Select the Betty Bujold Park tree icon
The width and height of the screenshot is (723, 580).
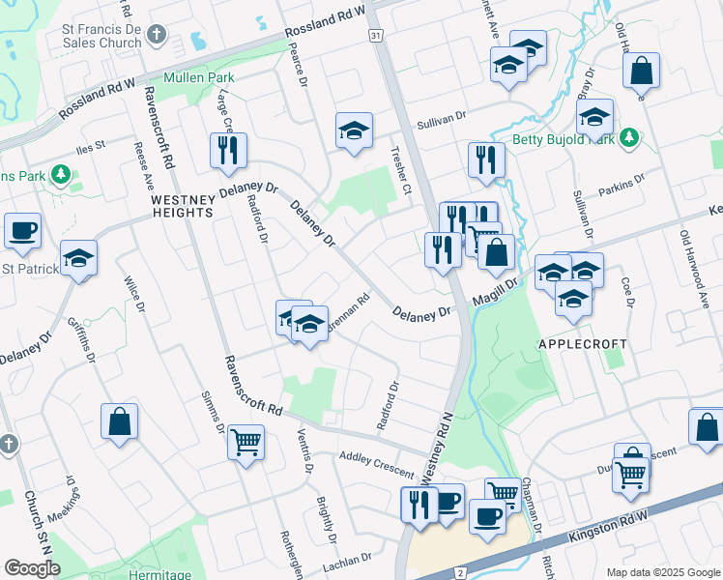[x=630, y=137]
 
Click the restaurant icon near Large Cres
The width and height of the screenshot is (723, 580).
[x=229, y=151]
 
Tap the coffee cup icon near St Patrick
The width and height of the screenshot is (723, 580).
[x=22, y=231]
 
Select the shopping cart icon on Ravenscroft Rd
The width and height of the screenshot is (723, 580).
[x=246, y=444]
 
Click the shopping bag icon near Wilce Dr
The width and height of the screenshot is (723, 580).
[x=120, y=421]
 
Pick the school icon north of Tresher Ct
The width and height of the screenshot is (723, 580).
[x=355, y=130]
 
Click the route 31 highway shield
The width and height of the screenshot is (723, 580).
[x=375, y=35]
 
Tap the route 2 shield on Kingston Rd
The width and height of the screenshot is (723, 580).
[x=460, y=572]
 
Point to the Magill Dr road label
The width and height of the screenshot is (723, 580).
[x=497, y=290]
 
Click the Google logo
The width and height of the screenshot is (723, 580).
[x=32, y=568]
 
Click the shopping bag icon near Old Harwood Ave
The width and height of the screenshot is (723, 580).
[x=641, y=71]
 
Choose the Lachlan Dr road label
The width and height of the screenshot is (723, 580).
[x=353, y=559]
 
